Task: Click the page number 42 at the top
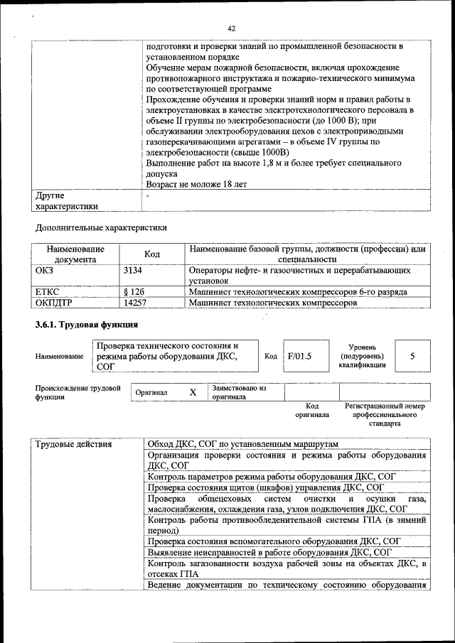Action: pyautogui.click(x=231, y=28)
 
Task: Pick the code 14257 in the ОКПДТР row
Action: pyautogui.click(x=135, y=303)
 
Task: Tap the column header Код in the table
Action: pyautogui.click(x=152, y=254)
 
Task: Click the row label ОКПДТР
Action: pyautogui.click(x=55, y=303)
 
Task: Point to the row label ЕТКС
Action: pyautogui.click(x=47, y=292)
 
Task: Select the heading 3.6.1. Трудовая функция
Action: pyautogui.click(x=87, y=326)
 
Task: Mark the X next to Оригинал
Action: pyautogui.click(x=193, y=392)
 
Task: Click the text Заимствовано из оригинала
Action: pyautogui.click(x=239, y=393)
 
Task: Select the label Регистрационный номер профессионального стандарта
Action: pyautogui.click(x=384, y=415)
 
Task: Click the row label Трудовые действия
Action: pyautogui.click(x=74, y=444)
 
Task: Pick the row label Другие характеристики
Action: pyautogui.click(x=67, y=200)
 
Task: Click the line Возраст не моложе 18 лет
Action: pyautogui.click(x=196, y=184)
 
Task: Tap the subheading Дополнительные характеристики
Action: pyautogui.click(x=102, y=228)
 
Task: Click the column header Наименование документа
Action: pyautogui.click(x=75, y=254)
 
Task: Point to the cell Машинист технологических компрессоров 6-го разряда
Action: pyautogui.click(x=298, y=292)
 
